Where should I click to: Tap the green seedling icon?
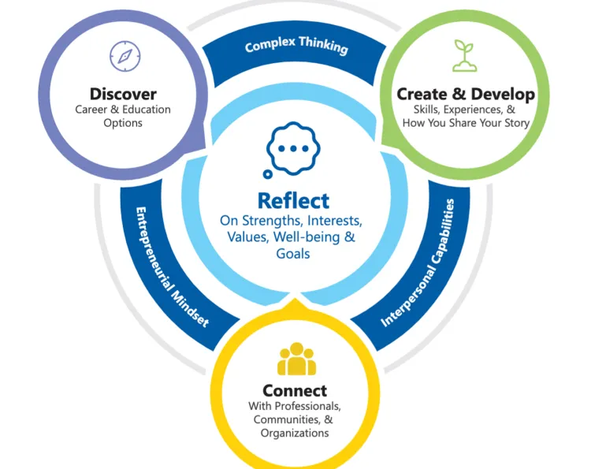click(465, 56)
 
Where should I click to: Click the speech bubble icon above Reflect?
click(292, 149)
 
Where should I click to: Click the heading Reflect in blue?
click(293, 200)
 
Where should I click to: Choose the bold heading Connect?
click(295, 391)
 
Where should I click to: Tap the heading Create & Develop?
click(466, 95)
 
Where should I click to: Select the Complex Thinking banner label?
click(295, 46)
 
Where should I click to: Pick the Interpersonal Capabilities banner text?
click(418, 263)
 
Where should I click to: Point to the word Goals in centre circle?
click(293, 254)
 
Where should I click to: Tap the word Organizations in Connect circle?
click(295, 433)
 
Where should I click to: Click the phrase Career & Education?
click(122, 110)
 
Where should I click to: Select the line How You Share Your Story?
click(466, 123)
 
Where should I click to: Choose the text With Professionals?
click(295, 406)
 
